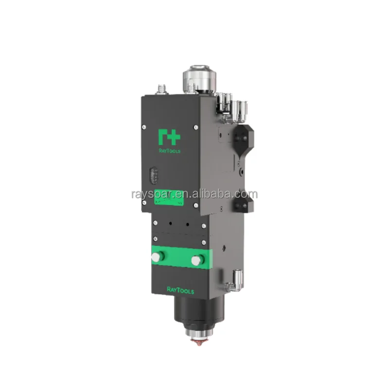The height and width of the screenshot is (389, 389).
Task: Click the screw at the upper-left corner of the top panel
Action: (x=144, y=127)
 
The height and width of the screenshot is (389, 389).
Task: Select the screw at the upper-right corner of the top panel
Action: (x=195, y=127)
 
